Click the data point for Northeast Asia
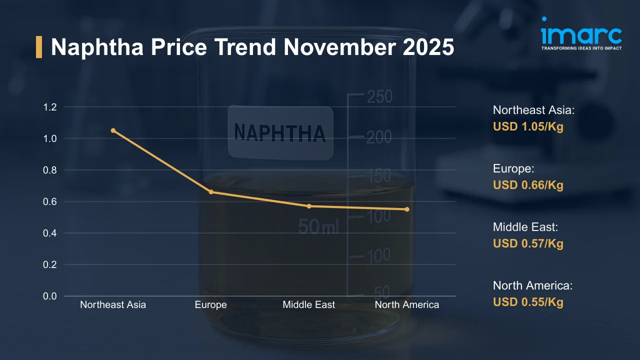(113, 130)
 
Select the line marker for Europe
(211, 192)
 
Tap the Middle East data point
(309, 206)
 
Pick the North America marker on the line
(407, 209)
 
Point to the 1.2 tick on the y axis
(50, 107)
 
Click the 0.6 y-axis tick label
(50, 201)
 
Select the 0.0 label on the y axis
(50, 296)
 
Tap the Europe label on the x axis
(211, 304)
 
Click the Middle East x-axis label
(309, 304)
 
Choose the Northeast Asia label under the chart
(113, 304)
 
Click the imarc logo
(581, 34)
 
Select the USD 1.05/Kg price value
(528, 126)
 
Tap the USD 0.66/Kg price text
(528, 185)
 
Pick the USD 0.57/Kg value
(528, 243)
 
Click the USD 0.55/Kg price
(528, 302)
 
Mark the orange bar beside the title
(39, 47)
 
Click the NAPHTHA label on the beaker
(280, 132)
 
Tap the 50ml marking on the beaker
(318, 227)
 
